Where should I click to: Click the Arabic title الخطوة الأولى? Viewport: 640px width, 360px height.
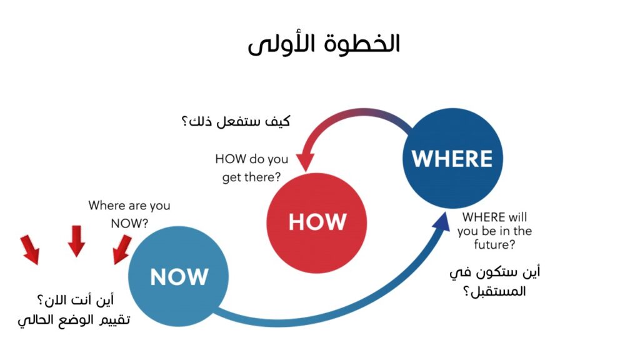pos(324,44)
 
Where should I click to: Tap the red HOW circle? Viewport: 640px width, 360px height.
pos(317,223)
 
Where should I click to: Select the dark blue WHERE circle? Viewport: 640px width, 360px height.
pos(452,158)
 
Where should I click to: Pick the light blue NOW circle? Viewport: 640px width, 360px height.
pos(178,276)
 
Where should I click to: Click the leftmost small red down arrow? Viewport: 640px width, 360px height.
pos(30,249)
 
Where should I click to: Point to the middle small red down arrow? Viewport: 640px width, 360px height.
pos(76,241)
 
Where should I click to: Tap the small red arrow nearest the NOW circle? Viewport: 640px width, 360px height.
pos(122,249)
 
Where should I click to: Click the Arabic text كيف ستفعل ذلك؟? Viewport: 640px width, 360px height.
pos(236,121)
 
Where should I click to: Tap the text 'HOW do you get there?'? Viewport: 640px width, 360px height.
pos(251,167)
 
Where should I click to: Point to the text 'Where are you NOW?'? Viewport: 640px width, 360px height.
pos(129,214)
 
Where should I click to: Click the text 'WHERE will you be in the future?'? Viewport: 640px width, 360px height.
pos(494,231)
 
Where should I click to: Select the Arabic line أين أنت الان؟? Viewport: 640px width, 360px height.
pos(76,301)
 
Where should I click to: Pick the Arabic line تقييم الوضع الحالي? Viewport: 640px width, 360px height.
pos(74,319)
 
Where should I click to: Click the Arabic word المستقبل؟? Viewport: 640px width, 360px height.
pos(494,291)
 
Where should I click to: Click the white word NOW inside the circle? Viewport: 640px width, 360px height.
pos(179,277)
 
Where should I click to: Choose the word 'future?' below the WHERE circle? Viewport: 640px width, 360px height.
pos(494,244)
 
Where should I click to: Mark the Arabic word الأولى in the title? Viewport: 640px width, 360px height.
pos(283,44)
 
